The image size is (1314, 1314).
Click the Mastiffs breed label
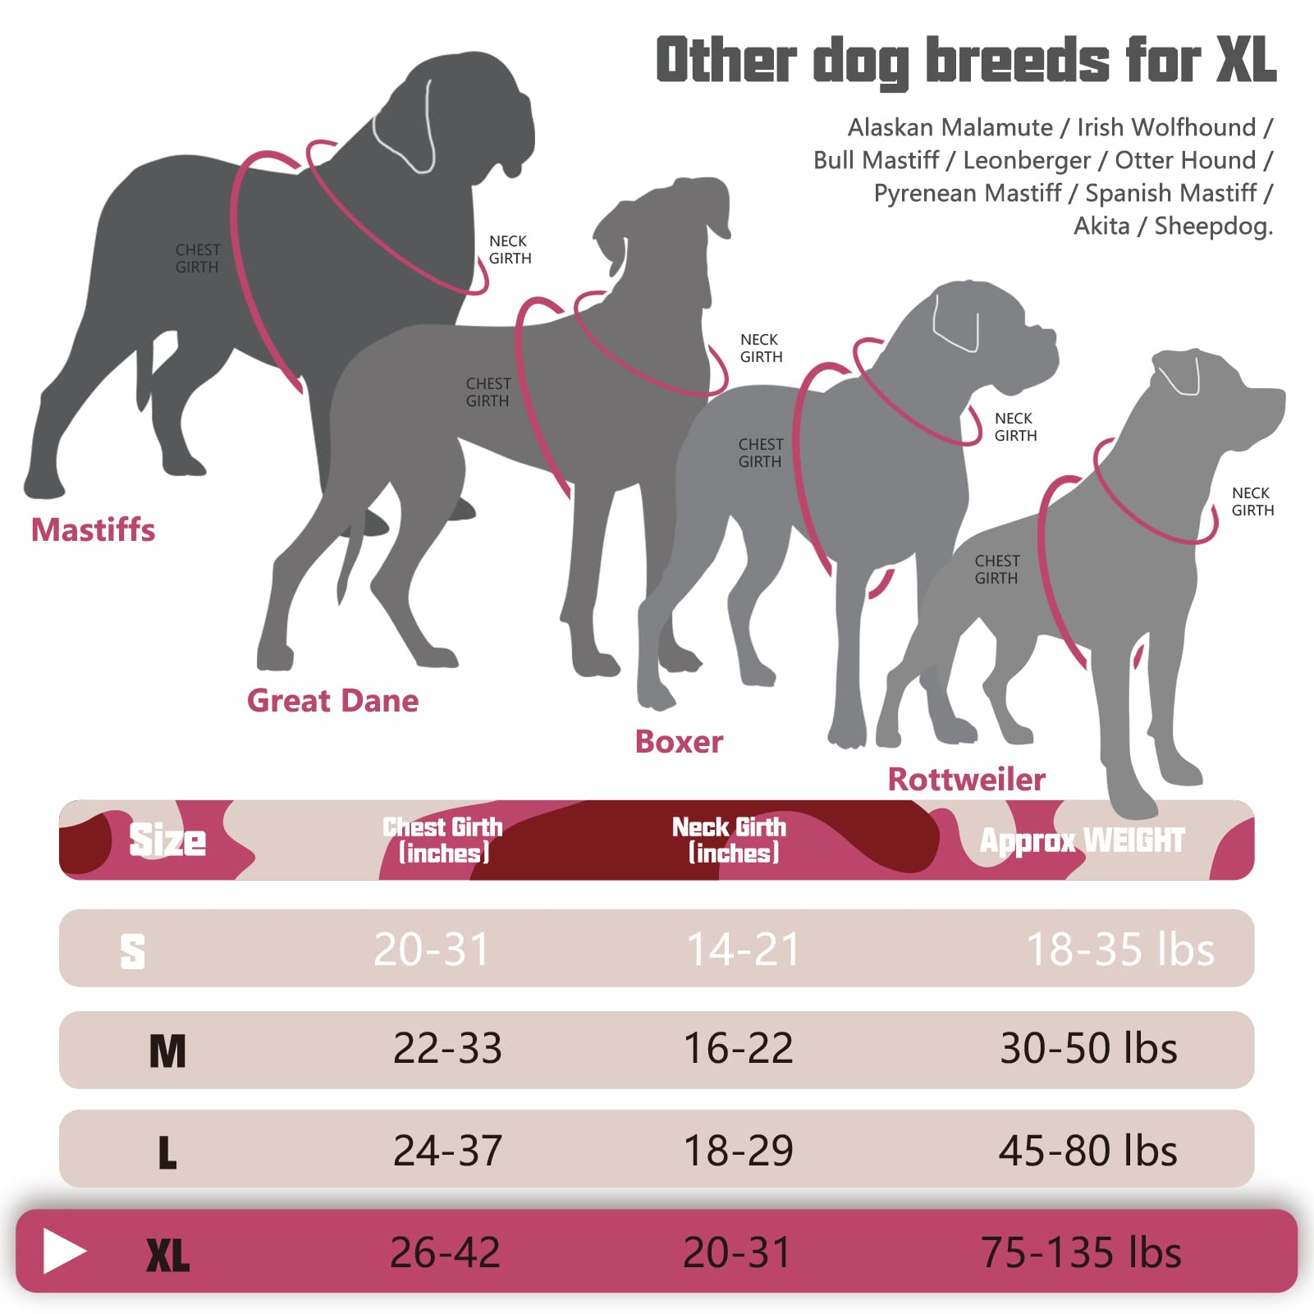click(x=93, y=530)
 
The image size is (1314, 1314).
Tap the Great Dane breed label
click(x=332, y=701)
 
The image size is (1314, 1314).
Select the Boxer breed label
click(x=679, y=742)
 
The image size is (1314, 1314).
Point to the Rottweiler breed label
click(x=966, y=780)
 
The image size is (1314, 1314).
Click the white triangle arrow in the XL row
click(x=64, y=1251)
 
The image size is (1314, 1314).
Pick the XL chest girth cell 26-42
click(x=445, y=1252)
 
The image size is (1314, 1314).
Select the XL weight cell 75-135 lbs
click(x=1081, y=1252)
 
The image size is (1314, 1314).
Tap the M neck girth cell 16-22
click(x=738, y=1048)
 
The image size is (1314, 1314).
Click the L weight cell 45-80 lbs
click(x=1087, y=1151)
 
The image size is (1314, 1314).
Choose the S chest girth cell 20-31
click(x=431, y=950)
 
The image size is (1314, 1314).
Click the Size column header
click(x=167, y=840)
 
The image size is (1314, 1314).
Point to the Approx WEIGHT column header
click(x=1082, y=840)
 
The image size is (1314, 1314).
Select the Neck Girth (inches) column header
click(x=730, y=840)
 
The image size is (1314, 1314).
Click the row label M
click(x=167, y=1051)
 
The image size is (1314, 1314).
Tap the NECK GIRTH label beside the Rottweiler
click(x=1252, y=501)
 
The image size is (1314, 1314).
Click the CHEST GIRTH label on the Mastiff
click(x=197, y=259)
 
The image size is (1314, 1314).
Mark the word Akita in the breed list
click(x=1101, y=226)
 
